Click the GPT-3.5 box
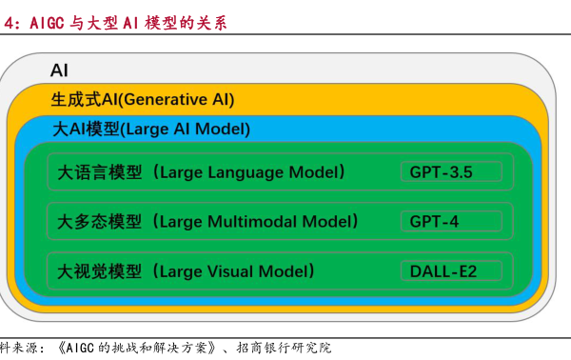click(450, 172)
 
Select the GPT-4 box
click(450, 222)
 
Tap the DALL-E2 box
click(450, 270)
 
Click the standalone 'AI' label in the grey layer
click(59, 70)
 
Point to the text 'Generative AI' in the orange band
click(178, 99)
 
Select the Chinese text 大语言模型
click(99, 172)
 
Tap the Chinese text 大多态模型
click(99, 222)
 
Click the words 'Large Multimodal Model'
click(255, 222)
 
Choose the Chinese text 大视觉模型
click(99, 270)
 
